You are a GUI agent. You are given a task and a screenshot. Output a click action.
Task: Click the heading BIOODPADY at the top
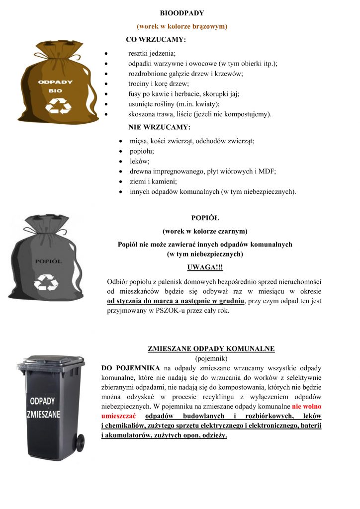click(181, 12)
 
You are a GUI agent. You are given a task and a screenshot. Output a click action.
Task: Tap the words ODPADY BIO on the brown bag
click(55, 86)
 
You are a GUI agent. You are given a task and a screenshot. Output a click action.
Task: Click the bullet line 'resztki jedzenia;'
click(152, 53)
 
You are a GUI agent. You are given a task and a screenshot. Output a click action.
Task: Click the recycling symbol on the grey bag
click(46, 282)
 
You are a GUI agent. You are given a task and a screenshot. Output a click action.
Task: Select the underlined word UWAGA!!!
click(205, 267)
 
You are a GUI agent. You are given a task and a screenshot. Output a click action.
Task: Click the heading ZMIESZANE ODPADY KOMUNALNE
click(211, 349)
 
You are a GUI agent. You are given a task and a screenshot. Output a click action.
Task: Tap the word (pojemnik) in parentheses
click(211, 358)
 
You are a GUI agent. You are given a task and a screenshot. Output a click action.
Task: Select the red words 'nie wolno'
click(306, 406)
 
